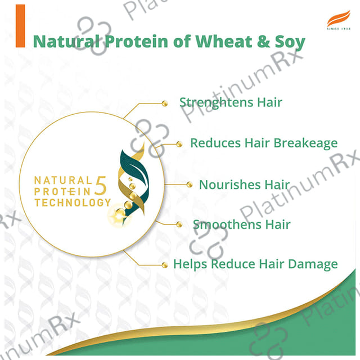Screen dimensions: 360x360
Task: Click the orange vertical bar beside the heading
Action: [x=20, y=26]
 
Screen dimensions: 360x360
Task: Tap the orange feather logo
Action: [x=339, y=18]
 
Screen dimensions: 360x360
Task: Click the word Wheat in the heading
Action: [x=224, y=42]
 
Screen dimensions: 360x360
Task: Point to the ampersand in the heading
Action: [x=264, y=42]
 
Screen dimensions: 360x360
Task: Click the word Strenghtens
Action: [x=216, y=102]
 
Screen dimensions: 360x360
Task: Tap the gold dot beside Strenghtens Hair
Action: [x=165, y=103]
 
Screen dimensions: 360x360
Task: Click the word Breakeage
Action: [x=305, y=143]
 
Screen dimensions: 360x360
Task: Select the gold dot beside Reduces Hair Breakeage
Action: [x=179, y=144]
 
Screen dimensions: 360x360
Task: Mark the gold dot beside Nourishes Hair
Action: [x=190, y=184]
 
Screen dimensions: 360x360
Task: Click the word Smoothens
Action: [x=227, y=224]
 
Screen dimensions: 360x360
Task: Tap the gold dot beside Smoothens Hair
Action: [x=179, y=224]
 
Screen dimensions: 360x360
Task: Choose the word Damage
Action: [x=313, y=264]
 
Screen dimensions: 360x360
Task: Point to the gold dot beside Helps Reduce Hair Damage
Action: [x=165, y=265]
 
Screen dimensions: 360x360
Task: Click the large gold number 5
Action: [x=101, y=186]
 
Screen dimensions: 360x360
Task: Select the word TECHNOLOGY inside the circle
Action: [x=73, y=202]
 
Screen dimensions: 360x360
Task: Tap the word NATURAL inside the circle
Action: [x=63, y=181]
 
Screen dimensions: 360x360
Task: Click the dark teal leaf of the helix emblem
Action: [x=134, y=166]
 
